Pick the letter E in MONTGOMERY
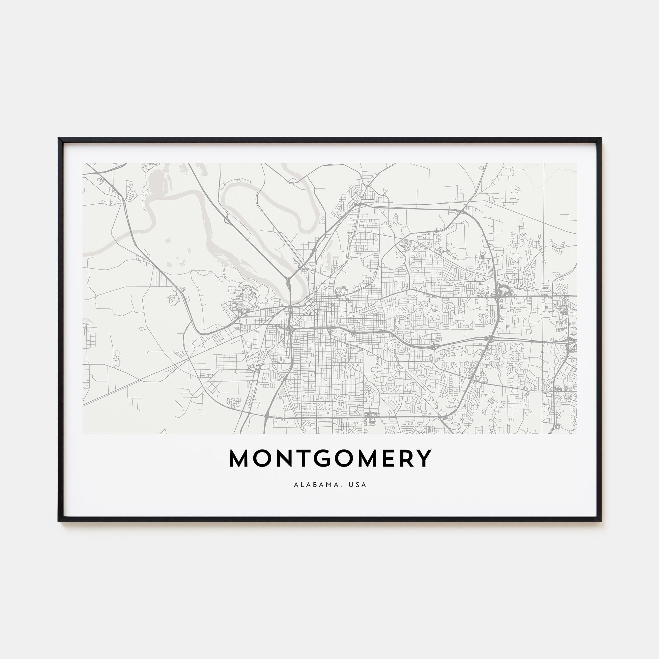(386, 458)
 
